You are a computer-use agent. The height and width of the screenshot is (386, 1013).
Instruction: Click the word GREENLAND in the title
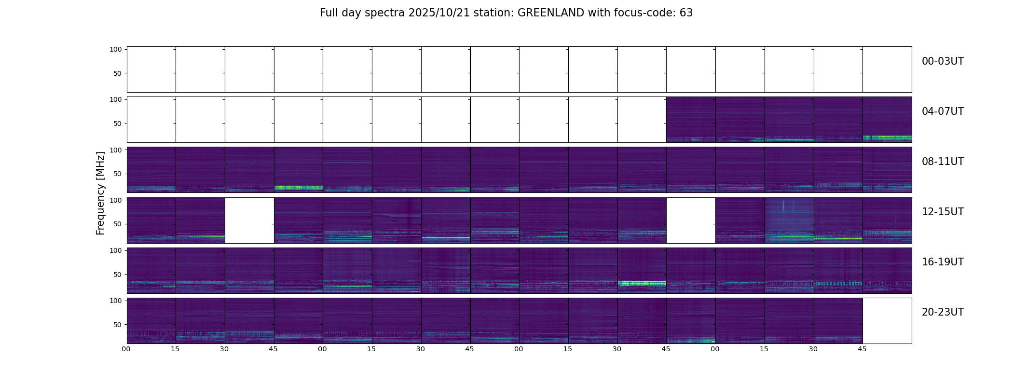(x=550, y=13)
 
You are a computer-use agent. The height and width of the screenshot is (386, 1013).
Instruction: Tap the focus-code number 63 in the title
(x=686, y=13)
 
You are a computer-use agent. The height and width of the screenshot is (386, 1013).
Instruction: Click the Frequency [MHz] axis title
(x=100, y=193)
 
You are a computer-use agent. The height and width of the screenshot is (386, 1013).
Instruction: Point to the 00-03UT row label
(x=943, y=61)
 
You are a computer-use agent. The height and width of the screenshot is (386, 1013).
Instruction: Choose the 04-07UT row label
(x=943, y=111)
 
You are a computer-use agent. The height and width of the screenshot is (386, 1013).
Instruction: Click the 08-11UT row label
(x=943, y=162)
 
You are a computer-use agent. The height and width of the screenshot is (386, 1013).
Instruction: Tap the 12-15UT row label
(x=943, y=212)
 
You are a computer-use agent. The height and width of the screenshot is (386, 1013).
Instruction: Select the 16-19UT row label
(x=943, y=262)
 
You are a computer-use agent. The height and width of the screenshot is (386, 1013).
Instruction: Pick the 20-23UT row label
(x=943, y=312)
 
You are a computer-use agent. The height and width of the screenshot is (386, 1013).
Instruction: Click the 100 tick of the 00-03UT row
(x=116, y=49)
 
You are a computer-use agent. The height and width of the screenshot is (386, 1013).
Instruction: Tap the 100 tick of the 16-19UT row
(x=116, y=250)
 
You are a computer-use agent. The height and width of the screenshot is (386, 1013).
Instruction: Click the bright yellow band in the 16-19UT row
(x=642, y=283)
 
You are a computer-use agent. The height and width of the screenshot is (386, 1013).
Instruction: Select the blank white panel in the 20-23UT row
(x=887, y=320)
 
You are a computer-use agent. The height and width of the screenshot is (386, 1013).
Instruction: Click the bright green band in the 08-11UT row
(x=298, y=187)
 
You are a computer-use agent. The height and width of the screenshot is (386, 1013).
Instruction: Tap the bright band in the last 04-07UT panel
(x=887, y=138)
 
